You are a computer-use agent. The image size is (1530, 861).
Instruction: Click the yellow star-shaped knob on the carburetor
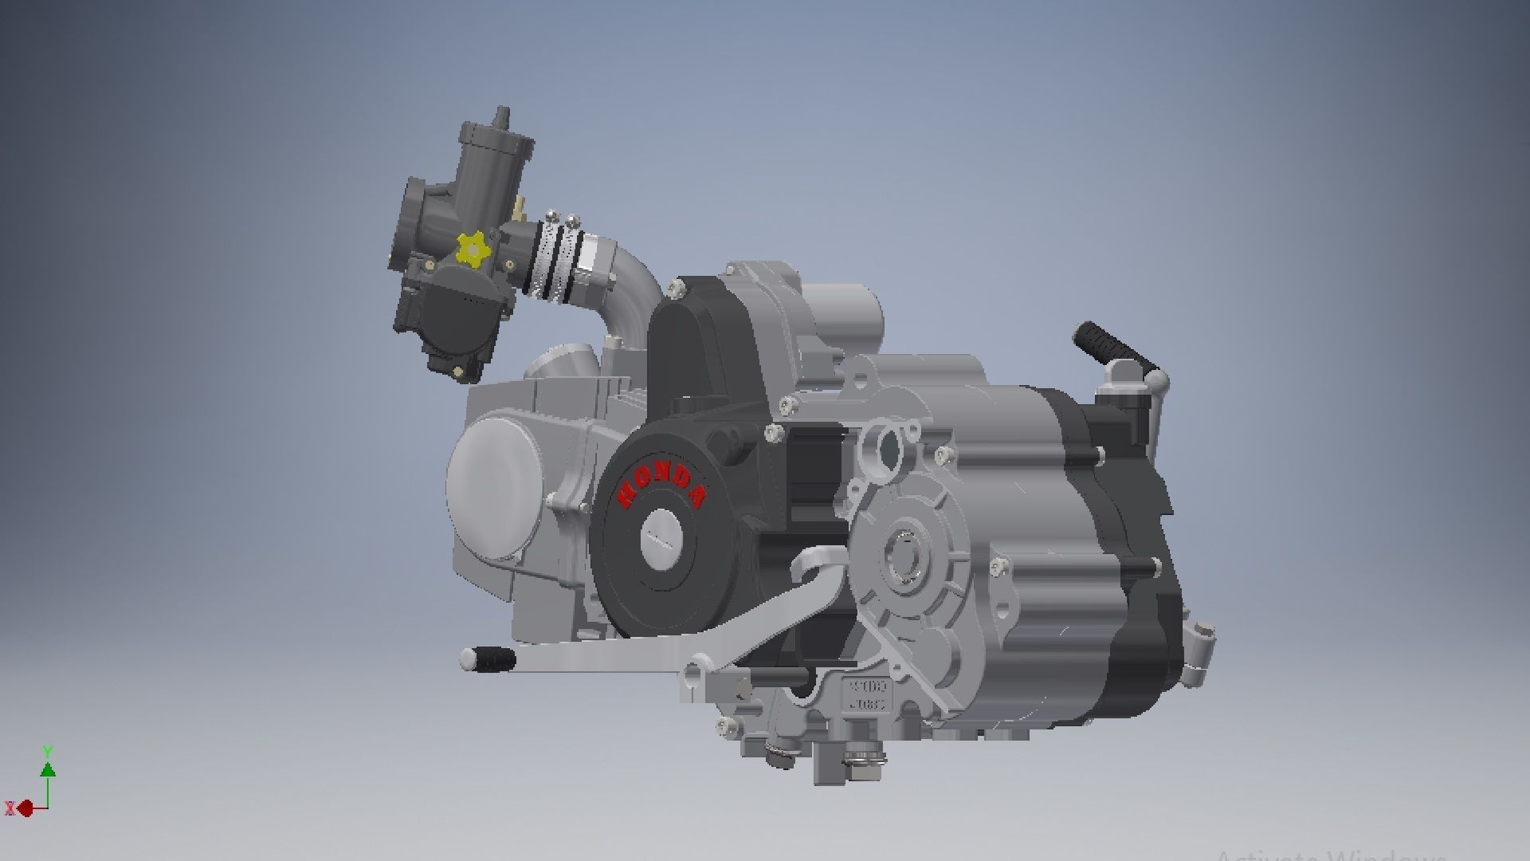click(x=471, y=250)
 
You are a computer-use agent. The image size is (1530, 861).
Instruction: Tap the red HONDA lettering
click(x=661, y=485)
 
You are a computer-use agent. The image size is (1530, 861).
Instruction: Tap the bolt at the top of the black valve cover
click(x=679, y=285)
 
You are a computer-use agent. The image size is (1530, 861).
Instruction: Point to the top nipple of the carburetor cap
click(x=501, y=116)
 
